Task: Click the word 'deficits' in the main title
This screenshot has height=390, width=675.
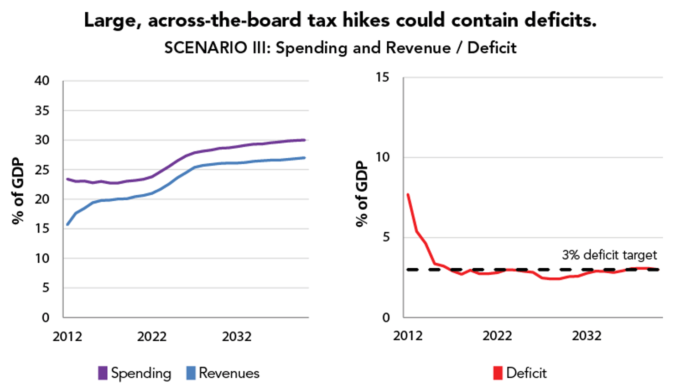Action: [560, 20]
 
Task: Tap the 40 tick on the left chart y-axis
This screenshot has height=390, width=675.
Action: [42, 81]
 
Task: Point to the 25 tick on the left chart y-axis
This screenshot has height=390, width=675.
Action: [42, 170]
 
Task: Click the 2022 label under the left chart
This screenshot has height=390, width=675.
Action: [151, 337]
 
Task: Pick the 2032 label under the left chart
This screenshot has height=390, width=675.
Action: [236, 337]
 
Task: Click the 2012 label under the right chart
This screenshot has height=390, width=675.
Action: [408, 336]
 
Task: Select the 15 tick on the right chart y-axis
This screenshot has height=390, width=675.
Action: [382, 77]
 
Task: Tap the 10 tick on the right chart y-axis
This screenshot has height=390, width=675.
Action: [382, 157]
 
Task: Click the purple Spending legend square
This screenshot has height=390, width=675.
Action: [103, 373]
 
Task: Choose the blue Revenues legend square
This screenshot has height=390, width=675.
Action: [191, 373]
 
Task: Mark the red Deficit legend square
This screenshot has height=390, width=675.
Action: [498, 373]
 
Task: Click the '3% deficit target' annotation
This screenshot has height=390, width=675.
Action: [609, 255]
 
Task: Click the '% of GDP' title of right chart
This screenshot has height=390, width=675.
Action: [362, 194]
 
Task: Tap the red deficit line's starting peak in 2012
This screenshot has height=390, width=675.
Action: [408, 194]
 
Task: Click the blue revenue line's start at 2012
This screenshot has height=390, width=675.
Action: [67, 224]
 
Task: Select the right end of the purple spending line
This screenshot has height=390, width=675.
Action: [304, 140]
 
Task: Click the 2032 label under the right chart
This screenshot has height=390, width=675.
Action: [587, 336]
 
